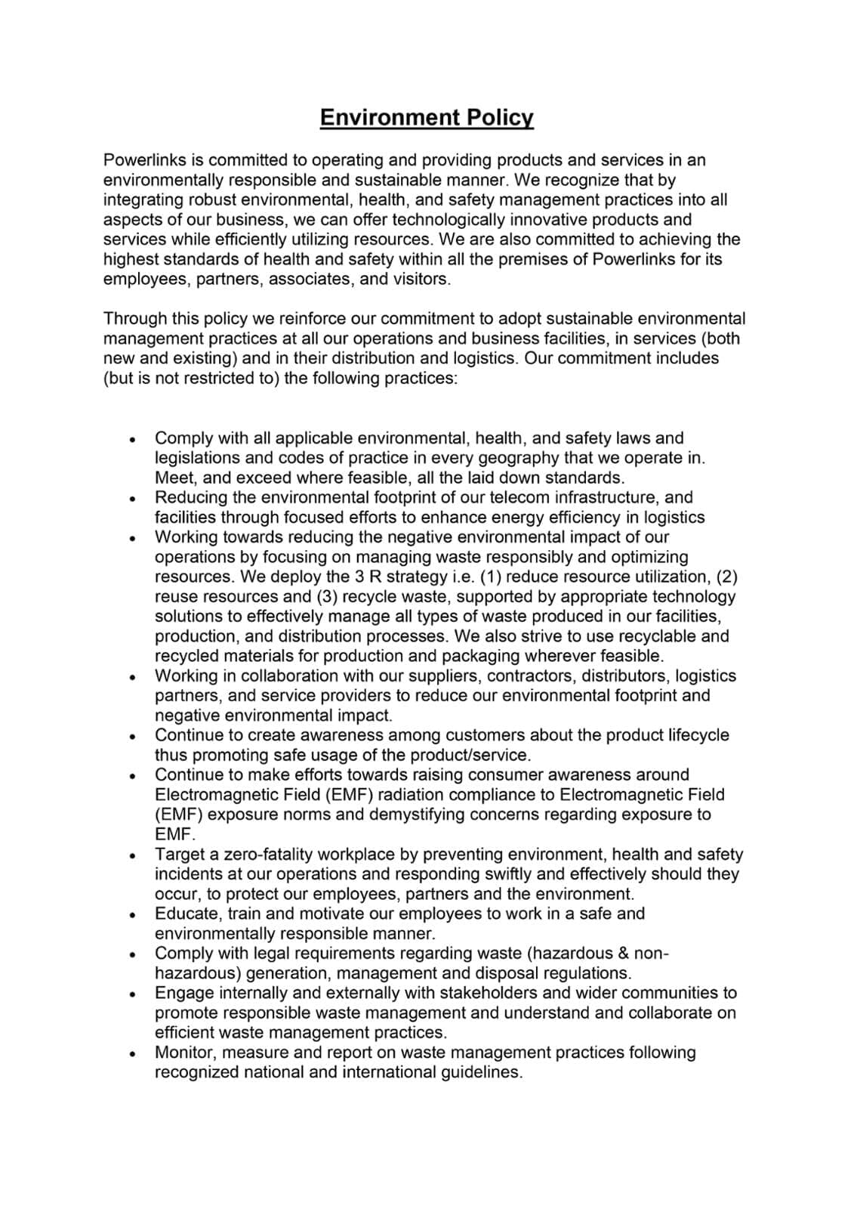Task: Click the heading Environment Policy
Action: point(427,117)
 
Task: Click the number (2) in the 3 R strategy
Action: point(726,577)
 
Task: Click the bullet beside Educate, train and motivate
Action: point(132,914)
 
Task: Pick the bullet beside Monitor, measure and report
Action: point(132,1053)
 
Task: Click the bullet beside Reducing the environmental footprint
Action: point(132,499)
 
